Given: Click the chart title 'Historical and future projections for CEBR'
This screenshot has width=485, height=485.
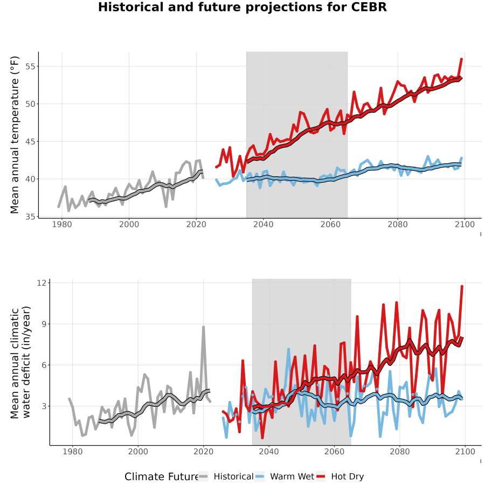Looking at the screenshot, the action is point(242,7).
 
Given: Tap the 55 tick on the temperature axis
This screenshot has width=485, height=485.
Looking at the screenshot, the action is point(31,66).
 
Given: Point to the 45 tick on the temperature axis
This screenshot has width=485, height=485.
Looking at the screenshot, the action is point(31,142).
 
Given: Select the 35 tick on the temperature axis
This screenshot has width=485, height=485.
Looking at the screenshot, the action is point(31,217).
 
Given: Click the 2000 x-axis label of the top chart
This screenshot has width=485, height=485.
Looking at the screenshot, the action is point(129,224).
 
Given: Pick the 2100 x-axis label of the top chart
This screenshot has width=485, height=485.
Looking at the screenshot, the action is point(465,224).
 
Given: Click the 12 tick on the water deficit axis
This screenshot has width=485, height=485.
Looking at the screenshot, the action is point(41,283).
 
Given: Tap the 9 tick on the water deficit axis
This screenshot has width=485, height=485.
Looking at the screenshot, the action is point(44,324).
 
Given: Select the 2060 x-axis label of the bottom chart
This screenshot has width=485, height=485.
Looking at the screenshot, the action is point(334,452).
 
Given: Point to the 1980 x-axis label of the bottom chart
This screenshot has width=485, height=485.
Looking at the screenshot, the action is point(72,452).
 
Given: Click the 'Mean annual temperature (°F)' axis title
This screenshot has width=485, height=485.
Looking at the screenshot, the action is point(15,135).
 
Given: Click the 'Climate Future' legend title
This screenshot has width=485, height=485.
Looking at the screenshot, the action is point(162,476).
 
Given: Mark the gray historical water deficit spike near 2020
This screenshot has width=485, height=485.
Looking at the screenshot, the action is point(203,327).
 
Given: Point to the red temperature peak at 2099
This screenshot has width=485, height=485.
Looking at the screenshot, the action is point(461,59).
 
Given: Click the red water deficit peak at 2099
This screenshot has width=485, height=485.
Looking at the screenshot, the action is point(462,287).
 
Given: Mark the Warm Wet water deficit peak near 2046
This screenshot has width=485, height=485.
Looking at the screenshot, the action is point(289,350).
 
